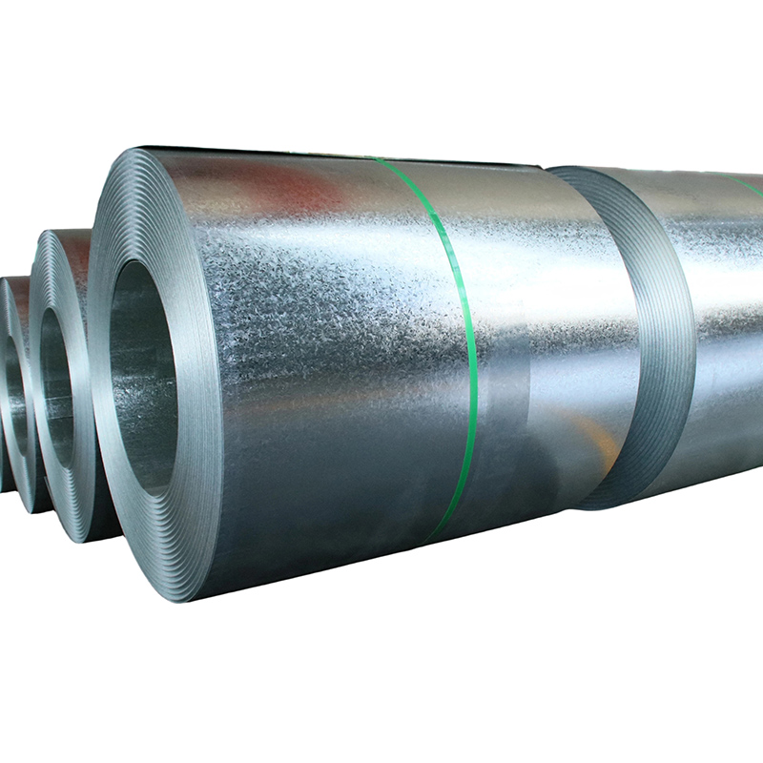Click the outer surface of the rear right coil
pos(725,315)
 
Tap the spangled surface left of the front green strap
pos(334,315)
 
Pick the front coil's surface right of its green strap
pos(544,315)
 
